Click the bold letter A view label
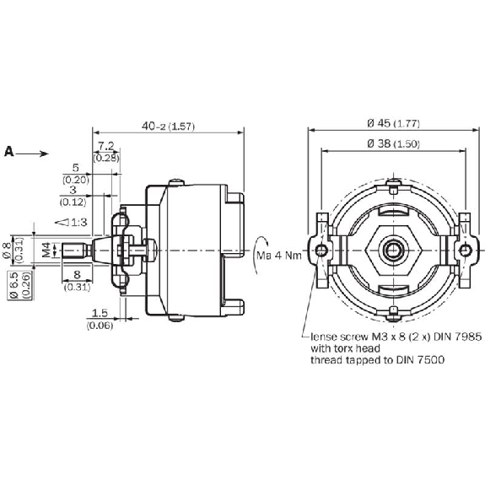click(9, 152)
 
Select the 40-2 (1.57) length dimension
click(168, 127)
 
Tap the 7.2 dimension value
click(106, 146)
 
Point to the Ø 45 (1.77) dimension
click(393, 123)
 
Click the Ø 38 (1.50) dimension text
click(393, 143)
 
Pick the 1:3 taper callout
click(71, 222)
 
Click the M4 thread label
click(46, 250)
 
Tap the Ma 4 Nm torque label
click(279, 256)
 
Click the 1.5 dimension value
click(100, 313)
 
